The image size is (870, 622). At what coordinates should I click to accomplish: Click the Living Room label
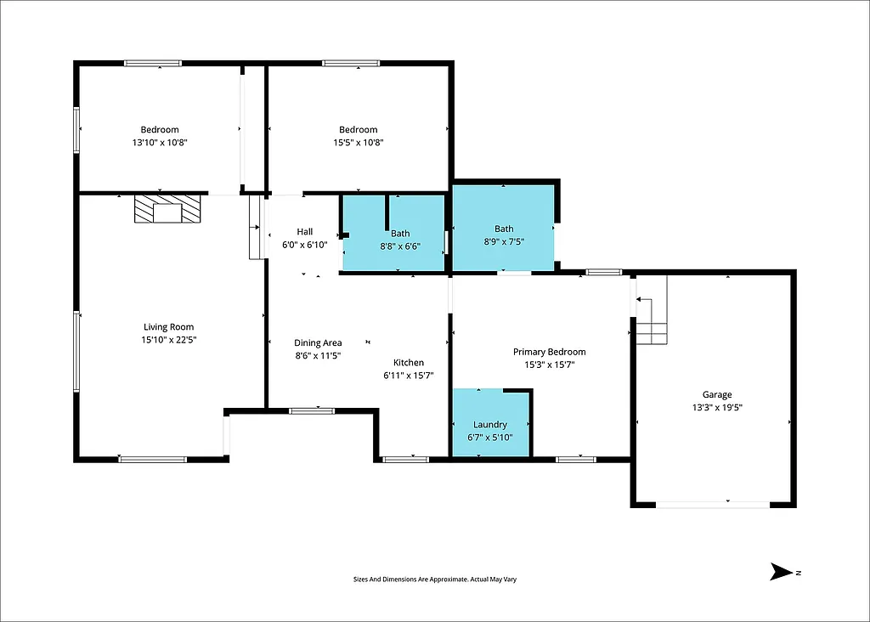[x=168, y=327]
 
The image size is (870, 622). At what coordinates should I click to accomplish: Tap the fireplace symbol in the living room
[x=167, y=209]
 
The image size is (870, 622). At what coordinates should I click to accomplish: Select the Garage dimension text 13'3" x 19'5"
[x=716, y=407]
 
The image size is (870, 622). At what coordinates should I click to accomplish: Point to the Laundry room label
[x=490, y=425]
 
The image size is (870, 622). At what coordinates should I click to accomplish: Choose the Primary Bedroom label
[x=549, y=352]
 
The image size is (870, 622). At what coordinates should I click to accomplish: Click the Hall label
[x=305, y=232]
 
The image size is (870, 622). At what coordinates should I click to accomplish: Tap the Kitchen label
[x=408, y=363]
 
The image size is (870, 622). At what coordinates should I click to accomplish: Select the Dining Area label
[x=318, y=343]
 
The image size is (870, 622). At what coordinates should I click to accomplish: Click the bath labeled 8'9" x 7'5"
[x=504, y=229]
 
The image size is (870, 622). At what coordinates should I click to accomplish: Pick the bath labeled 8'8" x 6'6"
[x=400, y=234]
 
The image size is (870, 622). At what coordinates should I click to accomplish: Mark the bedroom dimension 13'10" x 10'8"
[x=159, y=143]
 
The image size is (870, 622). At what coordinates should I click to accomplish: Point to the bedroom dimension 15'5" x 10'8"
[x=358, y=143]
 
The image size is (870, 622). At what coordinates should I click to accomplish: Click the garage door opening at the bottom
[x=714, y=505]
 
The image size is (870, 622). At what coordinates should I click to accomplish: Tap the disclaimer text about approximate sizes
[x=435, y=580]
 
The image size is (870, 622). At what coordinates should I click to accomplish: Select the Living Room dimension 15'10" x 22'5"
[x=168, y=340]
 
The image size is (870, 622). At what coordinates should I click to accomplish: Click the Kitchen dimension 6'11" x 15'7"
[x=409, y=376]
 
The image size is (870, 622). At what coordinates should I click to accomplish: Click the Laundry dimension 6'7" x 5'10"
[x=490, y=438]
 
